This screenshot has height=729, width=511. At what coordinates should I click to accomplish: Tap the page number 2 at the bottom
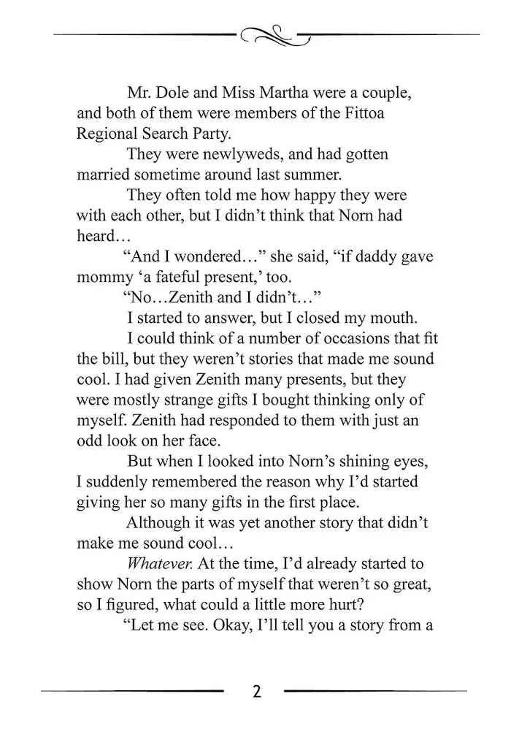point(256,691)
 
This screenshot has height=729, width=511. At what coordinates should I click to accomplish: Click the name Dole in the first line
point(174,94)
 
